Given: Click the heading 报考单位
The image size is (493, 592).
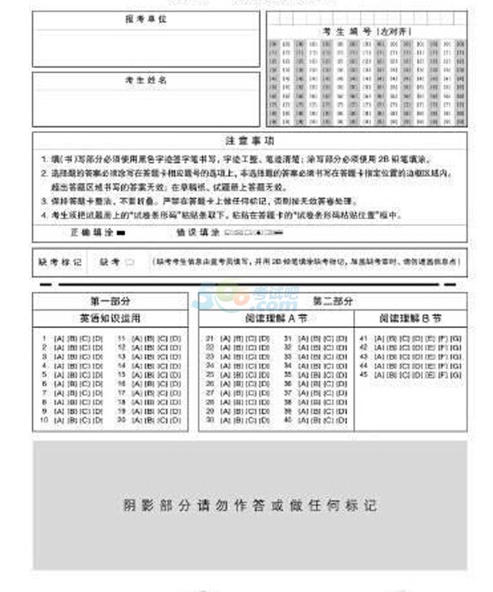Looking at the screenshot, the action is click(x=146, y=18).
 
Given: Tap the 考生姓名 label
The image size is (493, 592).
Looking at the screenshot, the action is click(x=146, y=80).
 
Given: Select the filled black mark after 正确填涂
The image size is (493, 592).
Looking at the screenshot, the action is click(x=121, y=231).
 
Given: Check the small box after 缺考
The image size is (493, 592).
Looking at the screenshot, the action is click(x=129, y=261).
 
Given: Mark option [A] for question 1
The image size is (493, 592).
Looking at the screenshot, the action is click(x=59, y=338).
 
